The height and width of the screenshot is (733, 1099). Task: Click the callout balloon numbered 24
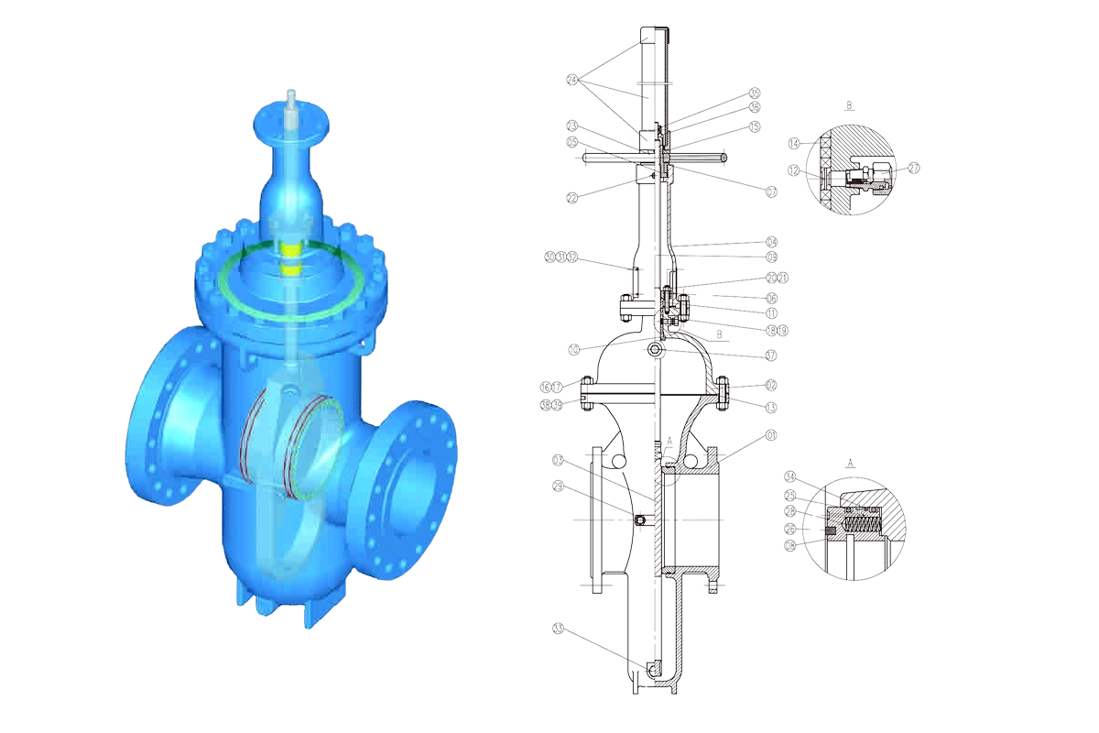573,79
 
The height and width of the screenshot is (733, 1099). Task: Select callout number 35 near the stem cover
755,93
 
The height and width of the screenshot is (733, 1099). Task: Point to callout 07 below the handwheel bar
771,191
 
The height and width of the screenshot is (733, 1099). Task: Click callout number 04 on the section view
771,242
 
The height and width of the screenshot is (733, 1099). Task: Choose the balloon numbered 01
771,435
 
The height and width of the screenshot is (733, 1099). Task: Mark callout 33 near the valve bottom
559,629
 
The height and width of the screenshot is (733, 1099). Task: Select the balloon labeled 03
559,458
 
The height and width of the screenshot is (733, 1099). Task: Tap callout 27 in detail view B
913,168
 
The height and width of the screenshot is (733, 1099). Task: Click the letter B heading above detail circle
850,106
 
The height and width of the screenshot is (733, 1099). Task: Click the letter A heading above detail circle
850,464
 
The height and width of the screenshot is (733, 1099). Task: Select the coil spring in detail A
862,525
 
